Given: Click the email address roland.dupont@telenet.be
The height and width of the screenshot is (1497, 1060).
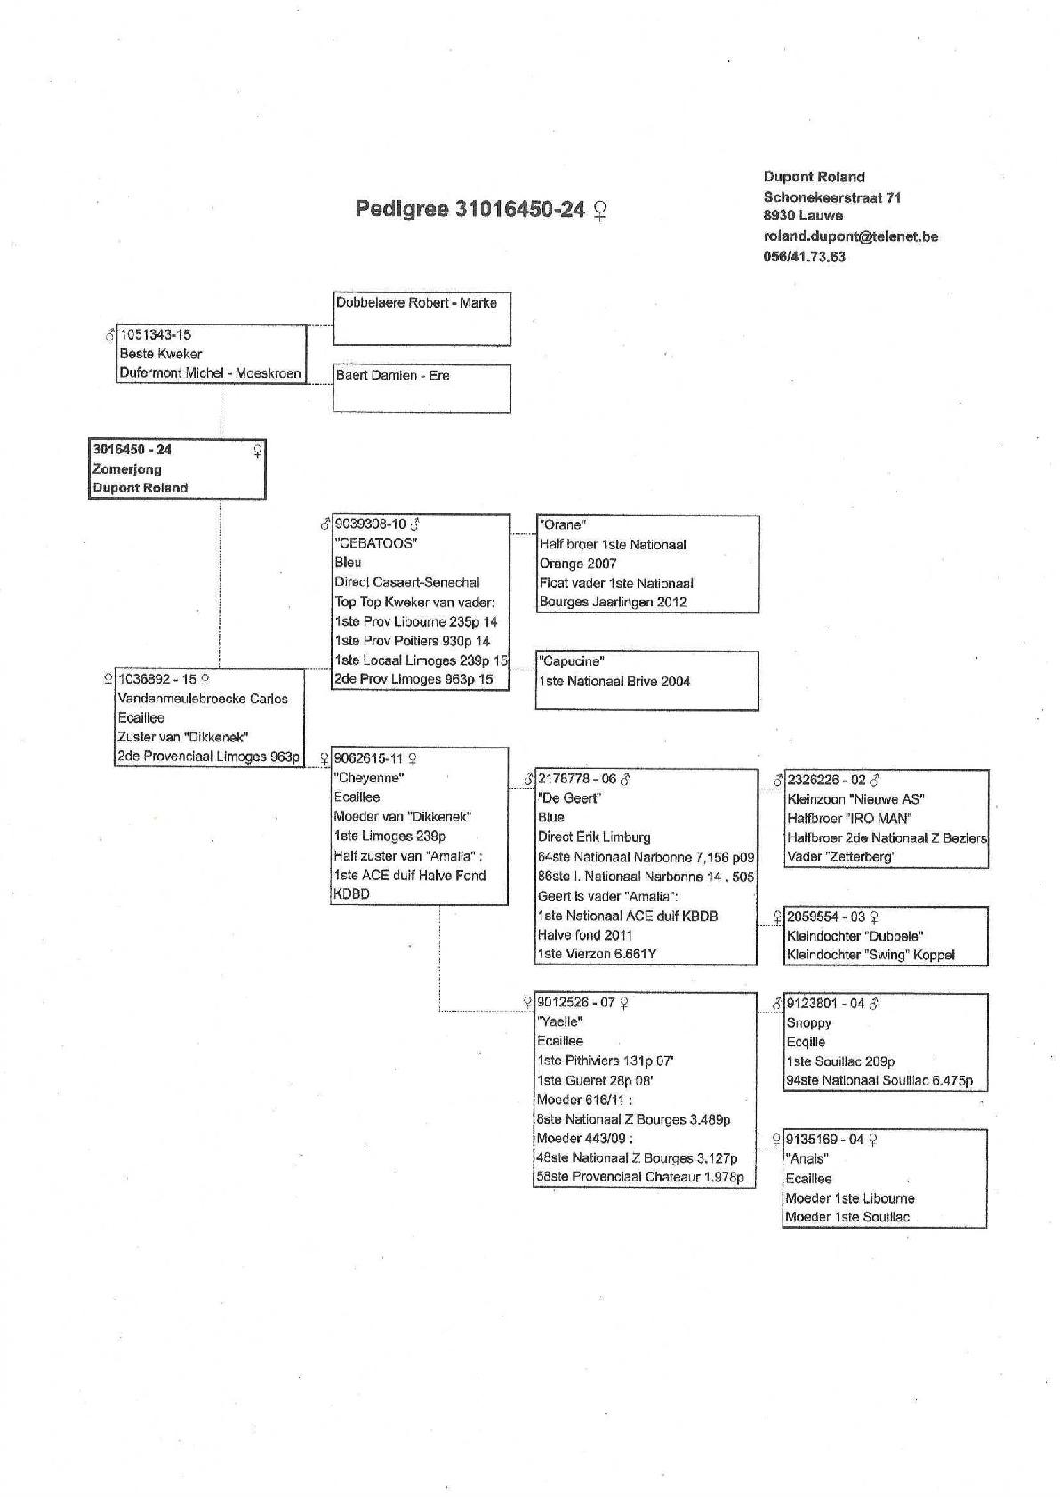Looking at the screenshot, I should pos(850,236).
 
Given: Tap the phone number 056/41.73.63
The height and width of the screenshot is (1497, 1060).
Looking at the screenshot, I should pos(804,257).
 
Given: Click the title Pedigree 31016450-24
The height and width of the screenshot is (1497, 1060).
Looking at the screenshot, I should pos(470,209).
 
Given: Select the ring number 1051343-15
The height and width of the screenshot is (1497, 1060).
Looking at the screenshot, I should pos(155,335).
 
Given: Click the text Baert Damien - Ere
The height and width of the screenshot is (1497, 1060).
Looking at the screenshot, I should pos(392,376).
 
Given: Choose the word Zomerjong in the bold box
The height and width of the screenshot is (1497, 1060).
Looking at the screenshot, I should pos(127,469).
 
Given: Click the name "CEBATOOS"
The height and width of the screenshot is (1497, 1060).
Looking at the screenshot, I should pos(375,543).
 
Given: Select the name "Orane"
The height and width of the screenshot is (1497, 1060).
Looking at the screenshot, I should pos(562,525).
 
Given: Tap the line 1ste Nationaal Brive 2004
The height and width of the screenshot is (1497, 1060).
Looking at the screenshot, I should pos(614,682).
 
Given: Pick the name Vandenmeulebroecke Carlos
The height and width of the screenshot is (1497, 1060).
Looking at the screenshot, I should pos(203,699).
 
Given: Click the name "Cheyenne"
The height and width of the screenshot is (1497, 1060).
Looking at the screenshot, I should pos(369,778).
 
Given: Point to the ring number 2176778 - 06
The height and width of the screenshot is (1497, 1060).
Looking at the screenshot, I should pos(577,779).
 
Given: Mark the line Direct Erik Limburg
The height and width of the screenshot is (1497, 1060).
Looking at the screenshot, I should pos(594,837).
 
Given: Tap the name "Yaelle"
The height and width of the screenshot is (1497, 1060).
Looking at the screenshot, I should pos(559,1022).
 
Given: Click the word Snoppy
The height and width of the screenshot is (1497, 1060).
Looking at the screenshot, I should pos(808,1023).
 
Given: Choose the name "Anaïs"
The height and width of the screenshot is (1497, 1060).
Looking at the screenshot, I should pos(807,1159).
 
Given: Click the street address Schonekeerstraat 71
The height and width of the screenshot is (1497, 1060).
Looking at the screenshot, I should pos(831,197).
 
